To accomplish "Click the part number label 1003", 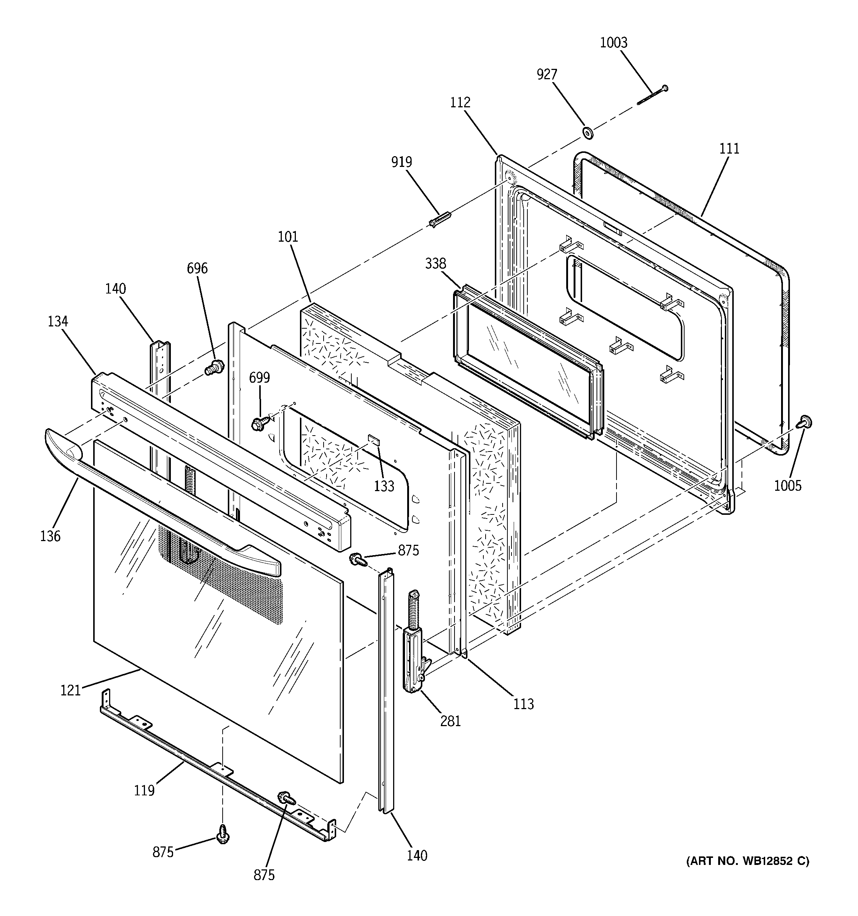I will coord(614,43).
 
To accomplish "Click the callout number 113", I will coord(524,704).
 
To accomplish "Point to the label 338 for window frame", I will coord(435,264).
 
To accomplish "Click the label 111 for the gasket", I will coord(729,148).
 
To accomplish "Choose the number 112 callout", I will coord(460,102).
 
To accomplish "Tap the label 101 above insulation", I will coord(288,236).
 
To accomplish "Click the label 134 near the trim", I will coord(58,321).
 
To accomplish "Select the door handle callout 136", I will coord(50,536).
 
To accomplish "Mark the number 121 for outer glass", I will coord(71,690).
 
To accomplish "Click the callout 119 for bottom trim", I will coord(144,791).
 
